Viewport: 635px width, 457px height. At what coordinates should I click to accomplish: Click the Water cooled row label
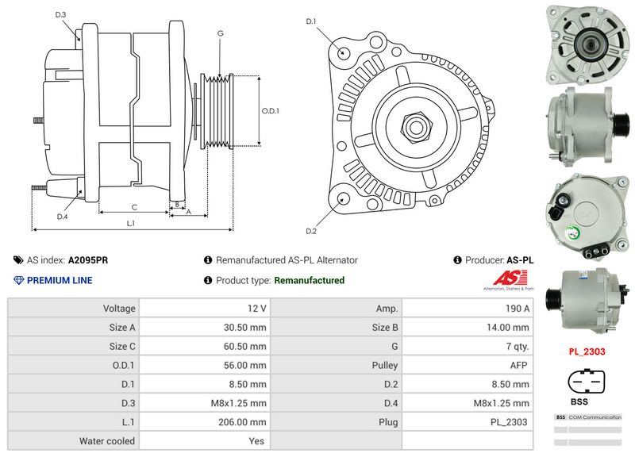(x=107, y=441)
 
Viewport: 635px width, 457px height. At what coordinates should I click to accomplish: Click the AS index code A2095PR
(x=88, y=260)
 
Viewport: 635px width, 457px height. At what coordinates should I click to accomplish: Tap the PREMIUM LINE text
(x=60, y=280)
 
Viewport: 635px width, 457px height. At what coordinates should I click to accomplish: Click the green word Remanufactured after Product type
(x=309, y=280)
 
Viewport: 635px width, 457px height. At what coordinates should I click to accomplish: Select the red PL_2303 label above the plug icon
(x=587, y=350)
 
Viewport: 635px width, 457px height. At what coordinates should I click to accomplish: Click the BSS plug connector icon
(x=587, y=382)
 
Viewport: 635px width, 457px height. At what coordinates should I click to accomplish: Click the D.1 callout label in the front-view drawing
(x=311, y=21)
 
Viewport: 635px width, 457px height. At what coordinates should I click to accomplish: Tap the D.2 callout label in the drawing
(x=311, y=231)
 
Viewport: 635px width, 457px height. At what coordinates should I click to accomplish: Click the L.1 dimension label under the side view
(x=130, y=223)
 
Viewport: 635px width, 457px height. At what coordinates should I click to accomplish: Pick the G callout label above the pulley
(x=220, y=33)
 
